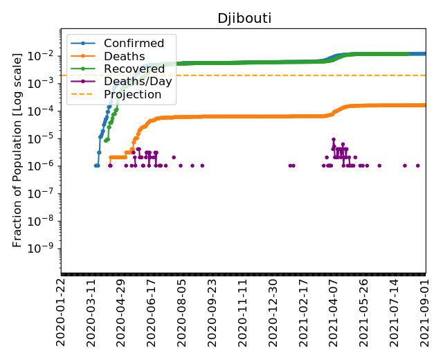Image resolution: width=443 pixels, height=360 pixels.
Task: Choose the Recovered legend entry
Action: pyautogui.click(x=133, y=69)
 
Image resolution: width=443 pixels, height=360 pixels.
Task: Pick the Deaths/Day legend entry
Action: pyautogui.click(x=137, y=81)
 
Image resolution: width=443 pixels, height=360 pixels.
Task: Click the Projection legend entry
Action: pyautogui.click(x=134, y=93)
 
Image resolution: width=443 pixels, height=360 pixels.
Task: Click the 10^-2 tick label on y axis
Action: pyautogui.click(x=44, y=55)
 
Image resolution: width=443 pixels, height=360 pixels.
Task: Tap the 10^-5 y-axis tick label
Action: pyautogui.click(x=44, y=138)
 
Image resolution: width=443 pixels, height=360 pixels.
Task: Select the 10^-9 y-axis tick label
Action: pyautogui.click(x=44, y=249)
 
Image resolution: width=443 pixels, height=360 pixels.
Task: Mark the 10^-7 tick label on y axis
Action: pyautogui.click(x=44, y=193)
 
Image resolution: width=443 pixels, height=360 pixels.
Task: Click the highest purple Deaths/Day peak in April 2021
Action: pyautogui.click(x=333, y=139)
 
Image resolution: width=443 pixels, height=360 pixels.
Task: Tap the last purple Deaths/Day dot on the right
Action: pyautogui.click(x=417, y=165)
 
